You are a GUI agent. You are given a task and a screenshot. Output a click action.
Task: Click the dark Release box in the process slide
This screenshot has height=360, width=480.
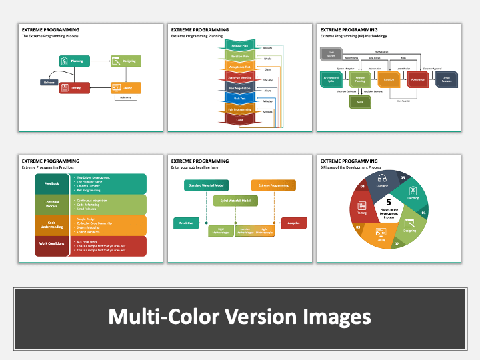click(49, 82)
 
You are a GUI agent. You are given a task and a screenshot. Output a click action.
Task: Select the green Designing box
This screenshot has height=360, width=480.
click(124, 61)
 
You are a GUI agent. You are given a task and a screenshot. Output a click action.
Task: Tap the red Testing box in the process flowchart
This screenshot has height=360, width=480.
click(74, 87)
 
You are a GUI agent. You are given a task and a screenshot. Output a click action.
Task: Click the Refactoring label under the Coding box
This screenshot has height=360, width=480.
click(125, 97)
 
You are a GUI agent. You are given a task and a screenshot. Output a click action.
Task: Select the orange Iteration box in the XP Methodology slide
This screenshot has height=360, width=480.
click(388, 79)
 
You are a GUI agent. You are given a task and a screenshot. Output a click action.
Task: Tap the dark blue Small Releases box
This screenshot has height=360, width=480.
click(446, 79)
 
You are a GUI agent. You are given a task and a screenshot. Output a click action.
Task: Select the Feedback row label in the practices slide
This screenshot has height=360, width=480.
click(52, 183)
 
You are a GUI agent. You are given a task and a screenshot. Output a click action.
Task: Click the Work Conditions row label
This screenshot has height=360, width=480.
click(52, 243)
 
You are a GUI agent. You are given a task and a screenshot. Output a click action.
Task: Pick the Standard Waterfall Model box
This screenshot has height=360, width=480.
click(206, 185)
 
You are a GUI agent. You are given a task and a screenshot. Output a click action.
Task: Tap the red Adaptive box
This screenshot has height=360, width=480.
click(293, 223)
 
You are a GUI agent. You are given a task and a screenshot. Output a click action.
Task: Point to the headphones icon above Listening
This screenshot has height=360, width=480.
click(383, 179)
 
